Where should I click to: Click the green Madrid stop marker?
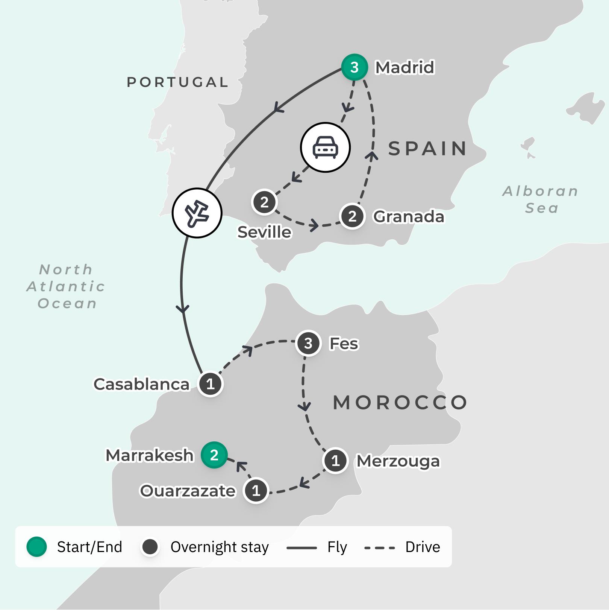[354, 67]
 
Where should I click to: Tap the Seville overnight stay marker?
[264, 202]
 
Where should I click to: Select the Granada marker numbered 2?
[352, 216]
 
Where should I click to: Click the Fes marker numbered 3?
[308, 343]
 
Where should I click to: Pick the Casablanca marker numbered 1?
[211, 384]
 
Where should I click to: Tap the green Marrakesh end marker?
[214, 455]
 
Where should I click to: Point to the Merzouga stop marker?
[335, 461]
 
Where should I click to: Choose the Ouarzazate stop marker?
[256, 490]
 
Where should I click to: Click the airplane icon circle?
[197, 213]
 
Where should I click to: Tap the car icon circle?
[325, 148]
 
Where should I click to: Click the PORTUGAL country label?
[177, 82]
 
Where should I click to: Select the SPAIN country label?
[428, 148]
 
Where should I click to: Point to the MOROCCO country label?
[400, 403]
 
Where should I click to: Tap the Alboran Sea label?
[541, 199]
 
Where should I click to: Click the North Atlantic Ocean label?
[66, 286]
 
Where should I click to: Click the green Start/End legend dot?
[36, 547]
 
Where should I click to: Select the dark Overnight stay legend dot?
[150, 547]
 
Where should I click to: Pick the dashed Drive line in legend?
[379, 548]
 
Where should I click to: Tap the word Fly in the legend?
[337, 547]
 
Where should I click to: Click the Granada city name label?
[409, 217]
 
